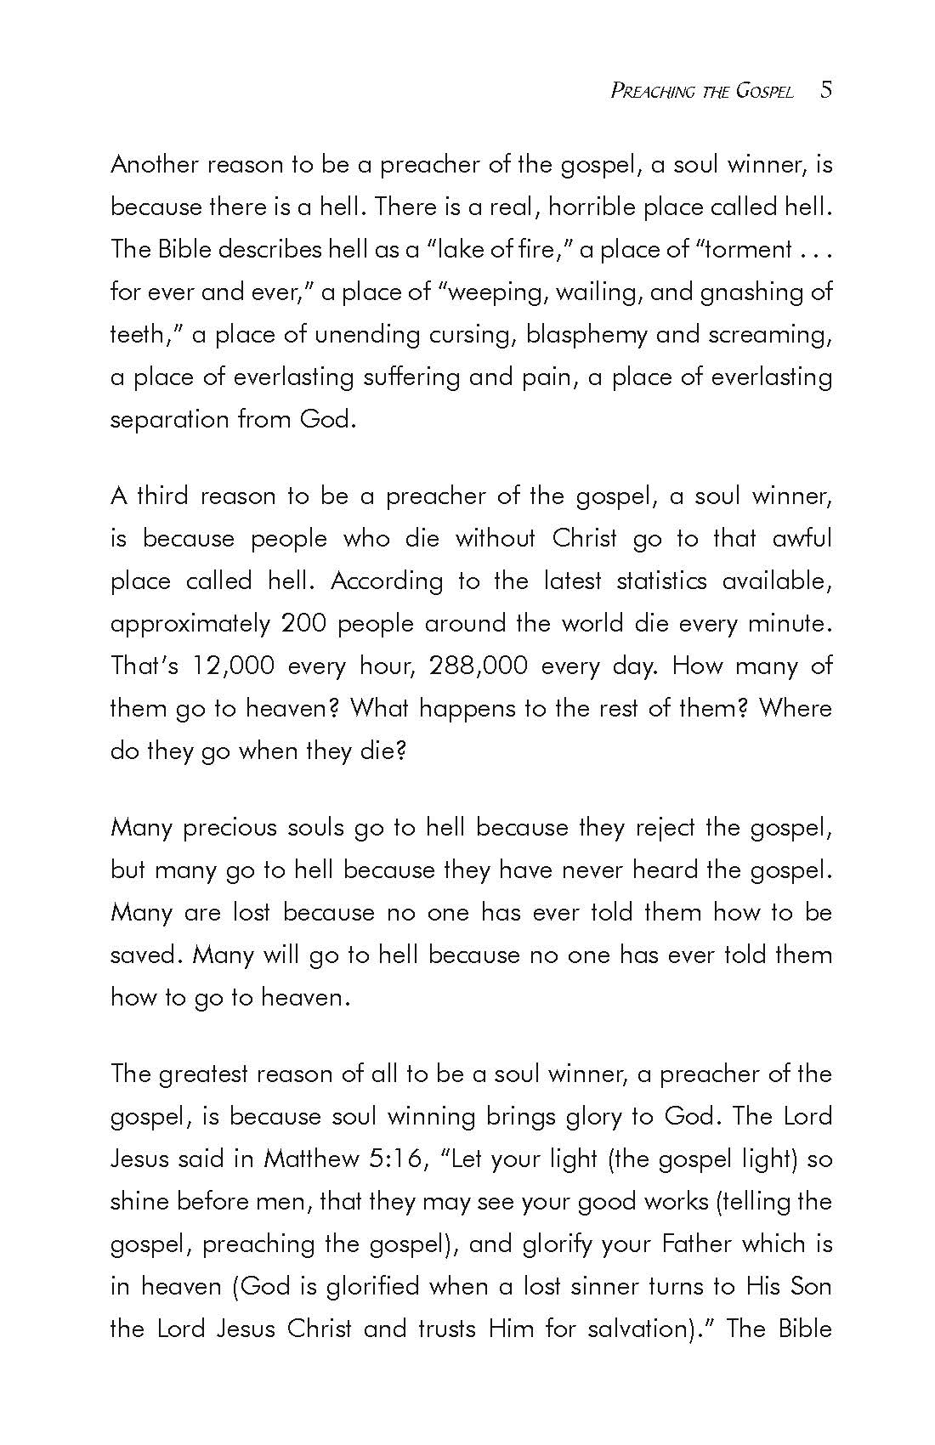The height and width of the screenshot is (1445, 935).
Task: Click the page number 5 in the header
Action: tap(826, 90)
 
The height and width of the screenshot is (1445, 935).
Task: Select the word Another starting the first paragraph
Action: tap(154, 164)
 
